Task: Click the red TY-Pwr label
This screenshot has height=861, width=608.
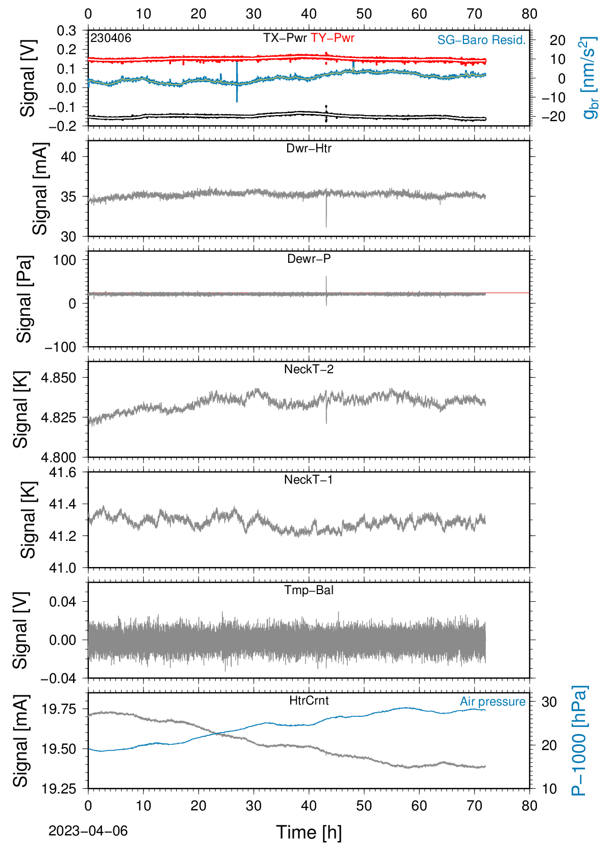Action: (332, 38)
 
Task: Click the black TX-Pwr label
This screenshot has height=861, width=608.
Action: (285, 38)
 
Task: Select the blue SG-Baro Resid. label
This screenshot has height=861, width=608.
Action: (481, 40)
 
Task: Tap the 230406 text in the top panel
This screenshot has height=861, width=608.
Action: (111, 38)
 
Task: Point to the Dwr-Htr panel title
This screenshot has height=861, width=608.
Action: (309, 148)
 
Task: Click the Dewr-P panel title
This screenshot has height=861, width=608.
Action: (309, 259)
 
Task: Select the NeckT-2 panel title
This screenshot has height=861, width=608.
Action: (309, 369)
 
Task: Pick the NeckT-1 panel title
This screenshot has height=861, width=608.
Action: (309, 479)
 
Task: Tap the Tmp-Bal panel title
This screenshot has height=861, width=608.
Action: (309, 590)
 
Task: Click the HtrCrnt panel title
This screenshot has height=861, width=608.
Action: (309, 700)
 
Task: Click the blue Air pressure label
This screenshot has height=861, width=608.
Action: (493, 701)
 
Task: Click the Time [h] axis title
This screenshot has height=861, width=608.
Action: (309, 832)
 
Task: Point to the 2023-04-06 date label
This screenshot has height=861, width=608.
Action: (88, 831)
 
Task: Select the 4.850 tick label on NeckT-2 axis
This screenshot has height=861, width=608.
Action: (58, 378)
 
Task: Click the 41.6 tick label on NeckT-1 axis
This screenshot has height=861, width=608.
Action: (62, 472)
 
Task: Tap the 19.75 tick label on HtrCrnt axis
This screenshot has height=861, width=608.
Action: (58, 709)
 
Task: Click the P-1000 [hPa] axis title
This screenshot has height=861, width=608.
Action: (579, 741)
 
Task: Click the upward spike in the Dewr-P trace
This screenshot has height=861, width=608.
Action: (326, 284)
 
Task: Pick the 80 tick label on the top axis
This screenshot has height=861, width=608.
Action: (529, 14)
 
